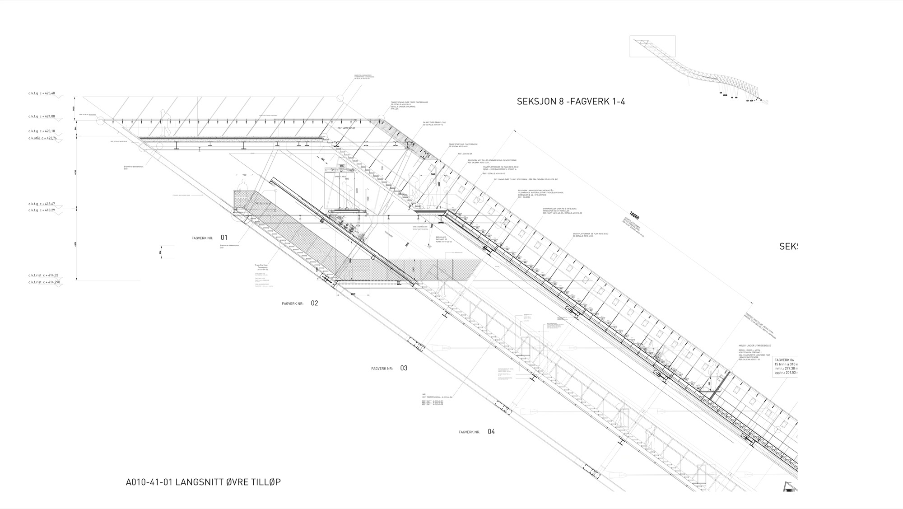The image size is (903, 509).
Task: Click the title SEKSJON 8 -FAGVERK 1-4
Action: pos(571,102)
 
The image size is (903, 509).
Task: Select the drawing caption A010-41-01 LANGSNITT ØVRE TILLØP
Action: pos(203,482)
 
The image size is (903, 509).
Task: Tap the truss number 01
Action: pos(224,238)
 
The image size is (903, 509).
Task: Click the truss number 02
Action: pos(314,303)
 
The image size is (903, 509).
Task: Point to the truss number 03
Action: pos(404,368)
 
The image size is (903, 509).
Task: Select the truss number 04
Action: pos(491,432)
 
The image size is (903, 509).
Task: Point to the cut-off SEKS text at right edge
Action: pos(788,247)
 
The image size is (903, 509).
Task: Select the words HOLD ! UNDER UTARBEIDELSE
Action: pos(754,346)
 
